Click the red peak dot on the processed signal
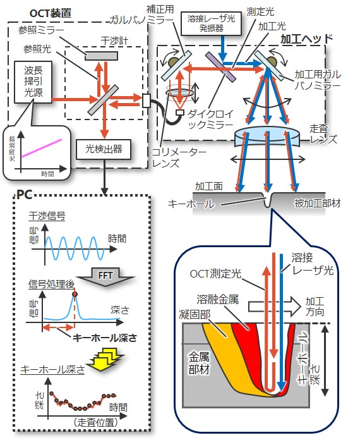tap(75, 294)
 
